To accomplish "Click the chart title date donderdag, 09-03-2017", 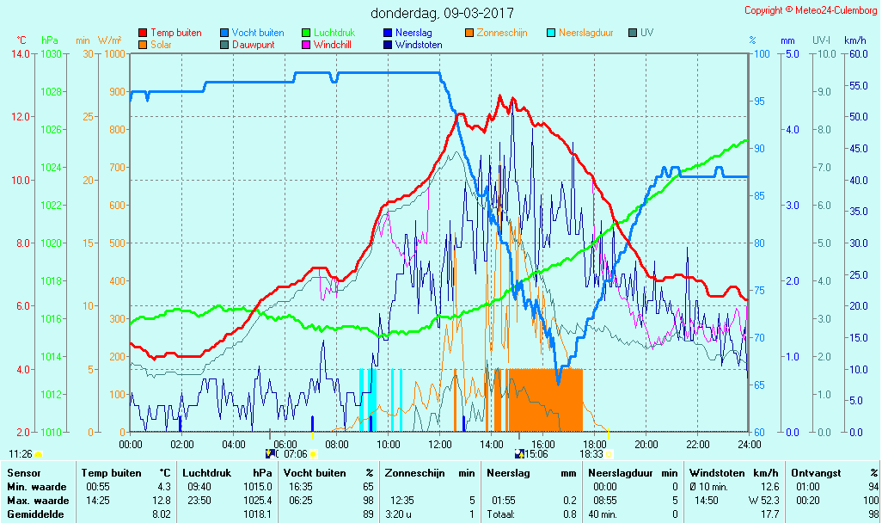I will pos(442,13).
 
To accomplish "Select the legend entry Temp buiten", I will pos(175,33).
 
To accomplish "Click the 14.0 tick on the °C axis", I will pos(21,54).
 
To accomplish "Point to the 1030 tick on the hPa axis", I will pos(51,54).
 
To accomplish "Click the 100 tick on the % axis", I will pos(761,54).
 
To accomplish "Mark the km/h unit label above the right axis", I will pos(854,40).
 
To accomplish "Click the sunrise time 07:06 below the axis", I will pos(296,454).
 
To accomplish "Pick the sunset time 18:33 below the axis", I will pos(591,454).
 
